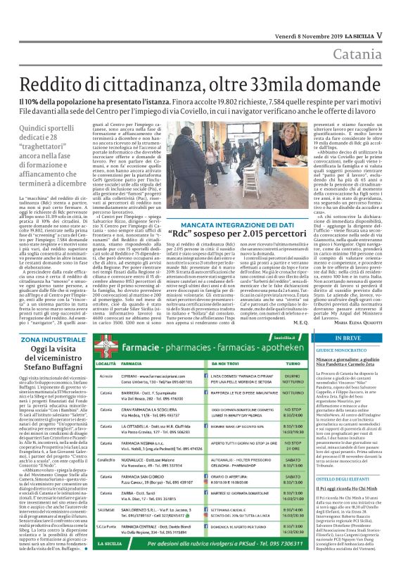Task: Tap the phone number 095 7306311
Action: point(268,564)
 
